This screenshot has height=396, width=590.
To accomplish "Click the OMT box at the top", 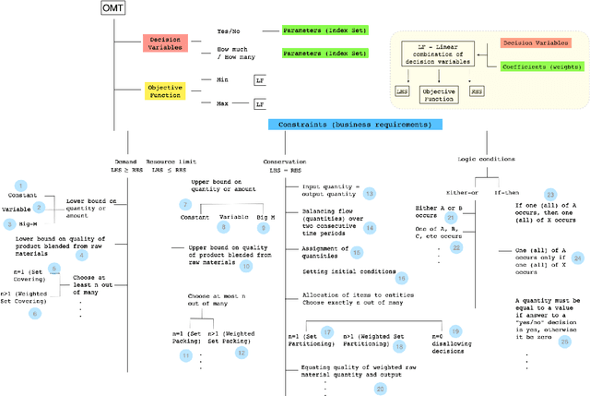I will (x=112, y=9).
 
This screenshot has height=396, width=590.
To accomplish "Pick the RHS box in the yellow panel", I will (x=477, y=93).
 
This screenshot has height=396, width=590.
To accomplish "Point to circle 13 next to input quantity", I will (x=369, y=193).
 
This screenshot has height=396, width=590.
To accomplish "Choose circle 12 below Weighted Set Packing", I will (x=242, y=353).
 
